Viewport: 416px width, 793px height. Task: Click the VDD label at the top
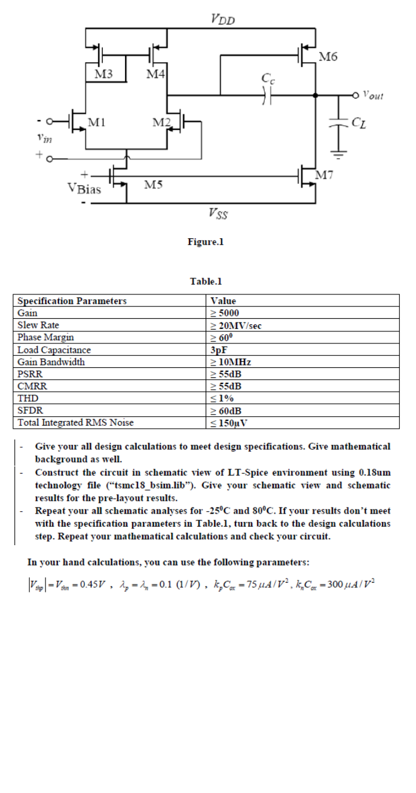click(x=223, y=19)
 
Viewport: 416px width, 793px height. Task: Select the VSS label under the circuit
click(x=218, y=213)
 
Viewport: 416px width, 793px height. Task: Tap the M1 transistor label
click(x=97, y=122)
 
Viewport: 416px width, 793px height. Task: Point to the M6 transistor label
click(x=328, y=57)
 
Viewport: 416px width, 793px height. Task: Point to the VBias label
click(x=84, y=189)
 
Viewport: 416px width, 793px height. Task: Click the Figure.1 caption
click(x=205, y=242)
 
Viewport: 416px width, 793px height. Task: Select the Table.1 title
click(x=206, y=281)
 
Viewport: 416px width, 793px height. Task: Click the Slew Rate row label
click(x=38, y=325)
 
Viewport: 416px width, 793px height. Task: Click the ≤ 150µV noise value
click(x=230, y=423)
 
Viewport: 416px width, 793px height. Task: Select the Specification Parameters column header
click(x=72, y=301)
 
